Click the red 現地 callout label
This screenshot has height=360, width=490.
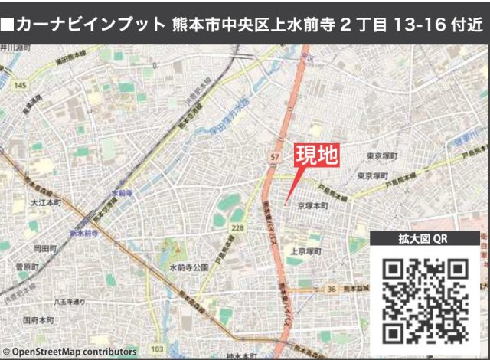tap(316, 156)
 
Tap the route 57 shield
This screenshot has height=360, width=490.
tap(274, 157)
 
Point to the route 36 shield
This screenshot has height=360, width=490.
tap(331, 289)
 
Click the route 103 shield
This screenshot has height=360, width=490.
tap(157, 349)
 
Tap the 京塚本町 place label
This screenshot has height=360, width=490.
tap(312, 206)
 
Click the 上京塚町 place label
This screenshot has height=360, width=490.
tap(305, 250)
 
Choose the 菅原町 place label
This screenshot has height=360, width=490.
tap(28, 267)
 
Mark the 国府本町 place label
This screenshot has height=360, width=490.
tap(37, 319)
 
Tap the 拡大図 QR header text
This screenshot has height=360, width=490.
tap(423, 238)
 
